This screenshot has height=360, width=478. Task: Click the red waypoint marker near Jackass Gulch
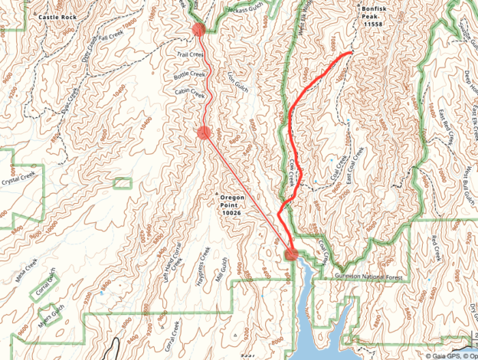[x=198, y=30]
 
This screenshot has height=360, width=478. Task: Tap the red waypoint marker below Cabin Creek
[x=203, y=133]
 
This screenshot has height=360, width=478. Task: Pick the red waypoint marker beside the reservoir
[x=291, y=254]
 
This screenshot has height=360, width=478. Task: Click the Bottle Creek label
[x=190, y=74]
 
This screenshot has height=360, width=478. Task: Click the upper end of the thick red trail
[x=351, y=53]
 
